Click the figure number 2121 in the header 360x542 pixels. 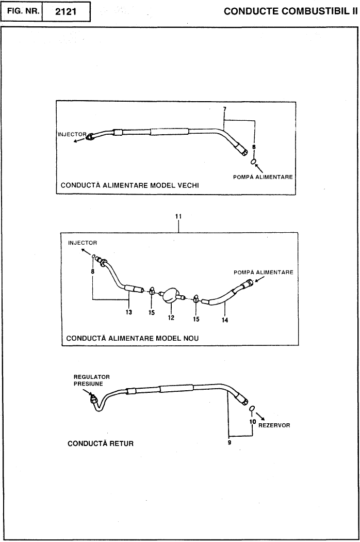pyautogui.click(x=66, y=12)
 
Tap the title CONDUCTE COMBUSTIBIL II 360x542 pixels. pyautogui.click(x=290, y=11)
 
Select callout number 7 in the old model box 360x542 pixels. pyautogui.click(x=224, y=109)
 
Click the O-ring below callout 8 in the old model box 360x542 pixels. pyautogui.click(x=253, y=162)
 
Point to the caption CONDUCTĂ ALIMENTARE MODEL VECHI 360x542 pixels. pyautogui.click(x=130, y=185)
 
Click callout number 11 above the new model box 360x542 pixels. pyautogui.click(x=178, y=216)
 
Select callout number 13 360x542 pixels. pyautogui.click(x=129, y=312)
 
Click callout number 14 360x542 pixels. pyautogui.click(x=225, y=320)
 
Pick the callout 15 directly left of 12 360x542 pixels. pyautogui.click(x=152, y=312)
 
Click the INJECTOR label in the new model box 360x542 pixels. pyautogui.click(x=83, y=243)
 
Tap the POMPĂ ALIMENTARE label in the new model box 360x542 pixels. pyautogui.click(x=263, y=273)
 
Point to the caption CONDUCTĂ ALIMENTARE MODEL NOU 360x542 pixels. pyautogui.click(x=133, y=338)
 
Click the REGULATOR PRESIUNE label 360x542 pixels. pyautogui.click(x=92, y=380)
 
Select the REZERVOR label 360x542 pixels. pyautogui.click(x=274, y=425)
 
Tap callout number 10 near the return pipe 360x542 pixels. pyautogui.click(x=253, y=422)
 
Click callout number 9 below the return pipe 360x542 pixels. pyautogui.click(x=230, y=442)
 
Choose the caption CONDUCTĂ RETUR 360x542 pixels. pyautogui.click(x=101, y=443)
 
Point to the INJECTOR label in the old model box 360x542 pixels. pyautogui.click(x=72, y=134)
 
